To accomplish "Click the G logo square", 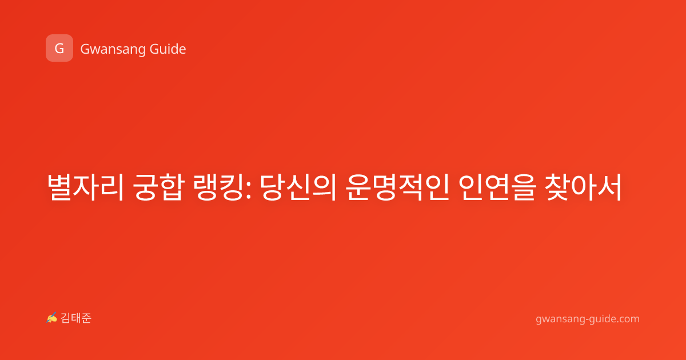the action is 59,48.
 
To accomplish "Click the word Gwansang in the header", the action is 113,50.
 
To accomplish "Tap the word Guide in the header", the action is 168,49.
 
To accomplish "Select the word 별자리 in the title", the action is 85,187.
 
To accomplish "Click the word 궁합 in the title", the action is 159,187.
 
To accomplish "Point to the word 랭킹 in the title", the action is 219,187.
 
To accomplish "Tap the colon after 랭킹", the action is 248,189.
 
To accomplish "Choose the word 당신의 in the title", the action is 298,187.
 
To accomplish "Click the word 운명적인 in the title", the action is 397,187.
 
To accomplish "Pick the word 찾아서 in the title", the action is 584,187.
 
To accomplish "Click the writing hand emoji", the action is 52,318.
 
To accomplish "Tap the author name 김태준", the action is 76,318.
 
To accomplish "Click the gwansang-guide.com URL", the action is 588,319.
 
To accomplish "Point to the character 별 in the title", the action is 60,187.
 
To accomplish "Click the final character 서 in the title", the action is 609,187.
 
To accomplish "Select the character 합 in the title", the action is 172,187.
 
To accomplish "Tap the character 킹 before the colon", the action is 232,187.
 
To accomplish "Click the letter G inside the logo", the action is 59,49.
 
